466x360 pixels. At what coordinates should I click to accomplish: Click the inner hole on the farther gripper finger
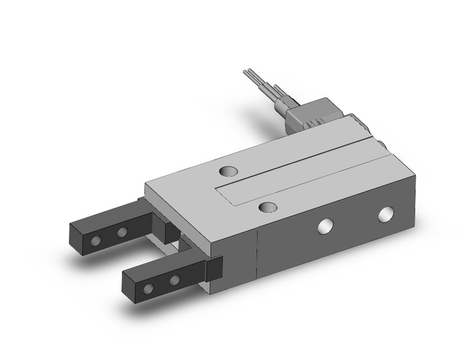point(122,232)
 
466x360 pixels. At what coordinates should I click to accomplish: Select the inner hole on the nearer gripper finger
point(175,280)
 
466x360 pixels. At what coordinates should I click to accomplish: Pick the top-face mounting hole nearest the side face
point(266,208)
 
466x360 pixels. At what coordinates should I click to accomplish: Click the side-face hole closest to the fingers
point(323,226)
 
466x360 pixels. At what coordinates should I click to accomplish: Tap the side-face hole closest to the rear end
point(386,214)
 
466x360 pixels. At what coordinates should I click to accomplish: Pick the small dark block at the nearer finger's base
point(214,269)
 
